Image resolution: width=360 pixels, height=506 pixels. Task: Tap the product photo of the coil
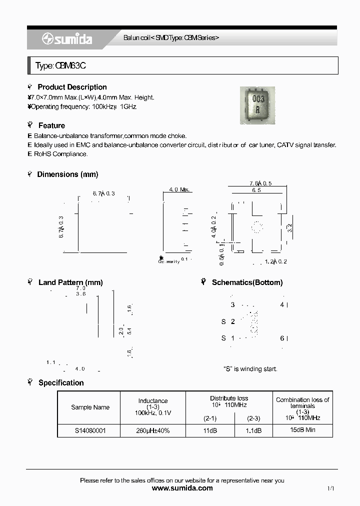tap(257, 105)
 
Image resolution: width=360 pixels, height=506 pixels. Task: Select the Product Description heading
tap(72, 87)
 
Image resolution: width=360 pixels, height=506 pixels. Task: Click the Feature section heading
tap(51, 125)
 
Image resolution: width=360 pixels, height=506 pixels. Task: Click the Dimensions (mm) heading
tap(67, 174)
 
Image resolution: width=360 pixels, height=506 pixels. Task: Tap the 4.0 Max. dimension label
tap(179, 190)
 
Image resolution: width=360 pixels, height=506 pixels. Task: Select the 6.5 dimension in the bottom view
tap(256, 190)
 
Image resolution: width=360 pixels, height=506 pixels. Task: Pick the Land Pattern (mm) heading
tap(70, 282)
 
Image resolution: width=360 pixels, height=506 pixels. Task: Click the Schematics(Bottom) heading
tap(247, 282)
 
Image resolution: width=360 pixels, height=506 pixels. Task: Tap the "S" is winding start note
tap(250, 369)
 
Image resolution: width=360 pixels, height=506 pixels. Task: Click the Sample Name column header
tap(90, 407)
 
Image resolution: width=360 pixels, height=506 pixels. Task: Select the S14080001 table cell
tap(90, 430)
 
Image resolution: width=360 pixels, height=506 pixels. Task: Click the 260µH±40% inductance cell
tap(153, 430)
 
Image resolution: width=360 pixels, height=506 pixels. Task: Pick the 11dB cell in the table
tap(210, 430)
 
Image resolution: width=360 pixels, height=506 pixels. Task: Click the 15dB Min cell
tap(302, 430)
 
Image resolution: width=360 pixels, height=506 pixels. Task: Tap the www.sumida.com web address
tap(182, 488)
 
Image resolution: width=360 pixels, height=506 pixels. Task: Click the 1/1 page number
tap(330, 488)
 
